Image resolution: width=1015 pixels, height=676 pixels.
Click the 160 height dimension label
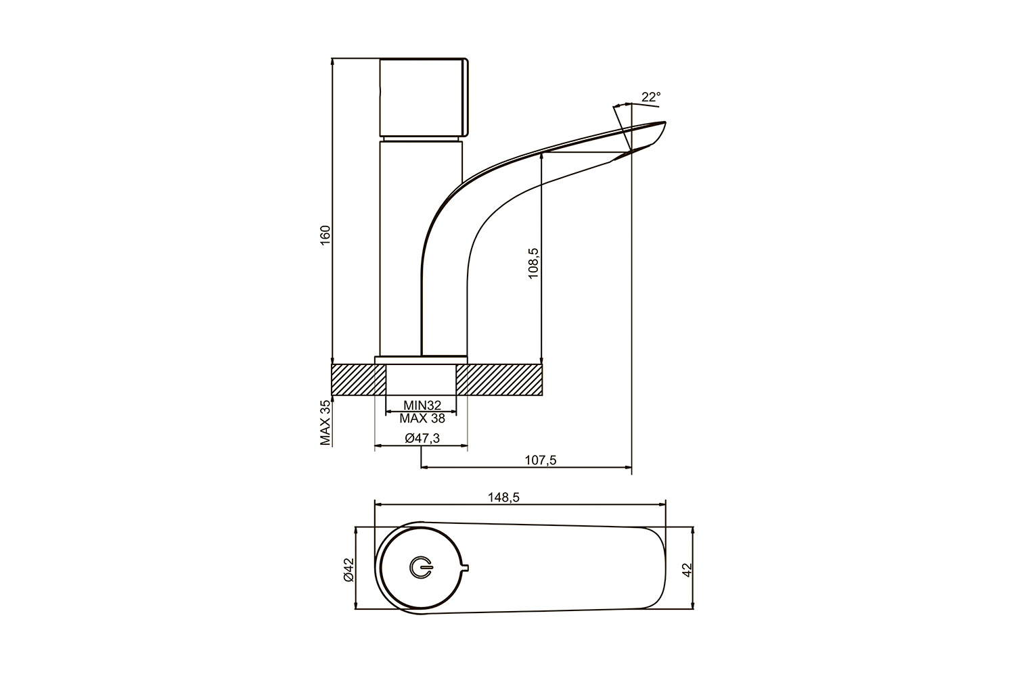click(325, 235)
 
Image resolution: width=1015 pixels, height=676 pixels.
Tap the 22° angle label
click(651, 97)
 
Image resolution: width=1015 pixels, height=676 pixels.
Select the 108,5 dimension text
click(534, 263)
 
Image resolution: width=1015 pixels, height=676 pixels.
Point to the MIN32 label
click(422, 405)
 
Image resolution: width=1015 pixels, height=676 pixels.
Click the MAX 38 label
click(422, 418)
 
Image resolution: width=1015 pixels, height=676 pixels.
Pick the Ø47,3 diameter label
click(422, 438)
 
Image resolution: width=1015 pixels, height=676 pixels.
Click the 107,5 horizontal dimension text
click(541, 460)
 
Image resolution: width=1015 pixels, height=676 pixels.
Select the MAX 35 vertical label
click(325, 422)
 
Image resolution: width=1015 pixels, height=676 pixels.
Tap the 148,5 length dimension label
click(503, 498)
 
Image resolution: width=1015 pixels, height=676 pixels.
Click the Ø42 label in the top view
click(348, 570)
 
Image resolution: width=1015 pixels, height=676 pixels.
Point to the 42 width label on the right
click(687, 570)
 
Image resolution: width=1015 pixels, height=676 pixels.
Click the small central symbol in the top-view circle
click(421, 567)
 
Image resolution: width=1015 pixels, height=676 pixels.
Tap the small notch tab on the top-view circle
click(466, 568)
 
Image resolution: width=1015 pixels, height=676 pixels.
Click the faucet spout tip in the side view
click(664, 122)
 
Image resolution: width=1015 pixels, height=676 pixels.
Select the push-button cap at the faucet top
click(424, 97)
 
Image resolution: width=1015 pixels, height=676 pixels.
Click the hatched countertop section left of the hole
click(359, 379)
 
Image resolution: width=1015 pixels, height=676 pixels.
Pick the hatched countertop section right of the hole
click(499, 379)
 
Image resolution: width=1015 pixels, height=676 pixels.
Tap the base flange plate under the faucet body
click(421, 360)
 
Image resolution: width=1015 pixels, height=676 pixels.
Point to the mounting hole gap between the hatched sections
click(421, 379)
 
